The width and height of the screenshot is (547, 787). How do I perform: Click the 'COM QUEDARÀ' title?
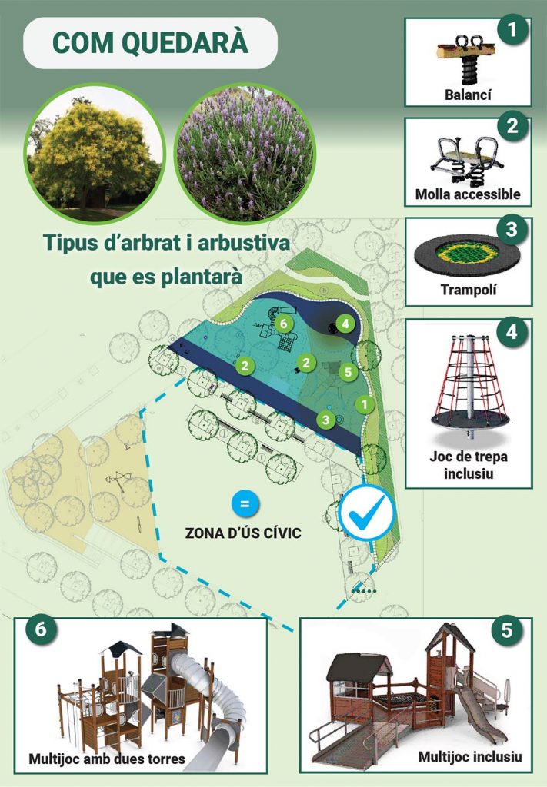(150, 43)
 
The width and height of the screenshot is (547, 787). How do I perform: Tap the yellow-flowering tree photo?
(95, 154)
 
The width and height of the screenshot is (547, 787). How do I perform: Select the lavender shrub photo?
(245, 154)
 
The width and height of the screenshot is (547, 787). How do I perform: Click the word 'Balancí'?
(468, 95)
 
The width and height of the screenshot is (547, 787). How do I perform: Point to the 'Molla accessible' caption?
(468, 194)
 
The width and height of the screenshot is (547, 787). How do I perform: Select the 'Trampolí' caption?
(468, 290)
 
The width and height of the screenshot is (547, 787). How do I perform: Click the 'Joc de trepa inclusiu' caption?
(468, 465)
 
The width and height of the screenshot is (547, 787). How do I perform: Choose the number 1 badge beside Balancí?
(512, 30)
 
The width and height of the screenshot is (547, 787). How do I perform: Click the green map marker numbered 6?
(283, 324)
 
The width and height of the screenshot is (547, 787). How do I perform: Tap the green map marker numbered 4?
(345, 324)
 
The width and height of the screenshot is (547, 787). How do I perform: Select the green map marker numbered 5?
(348, 372)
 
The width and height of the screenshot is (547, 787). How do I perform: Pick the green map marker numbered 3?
(326, 419)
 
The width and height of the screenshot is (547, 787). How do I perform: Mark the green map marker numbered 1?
(365, 404)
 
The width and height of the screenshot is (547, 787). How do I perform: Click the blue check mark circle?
(367, 513)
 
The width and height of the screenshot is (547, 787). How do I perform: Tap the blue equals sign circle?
(245, 503)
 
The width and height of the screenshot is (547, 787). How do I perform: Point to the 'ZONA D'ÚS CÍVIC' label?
(243, 533)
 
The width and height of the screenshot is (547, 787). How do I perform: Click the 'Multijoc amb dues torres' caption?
(107, 759)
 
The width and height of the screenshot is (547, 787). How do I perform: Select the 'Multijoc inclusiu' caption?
(470, 756)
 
